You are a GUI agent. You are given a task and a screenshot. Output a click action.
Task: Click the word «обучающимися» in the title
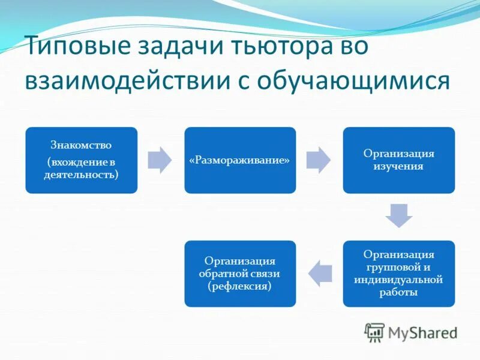pyautogui.click(x=353, y=80)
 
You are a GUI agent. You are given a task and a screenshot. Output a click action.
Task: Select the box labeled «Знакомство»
pyautogui.click(x=81, y=160)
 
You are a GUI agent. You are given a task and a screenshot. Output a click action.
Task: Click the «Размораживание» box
pyautogui.click(x=240, y=160)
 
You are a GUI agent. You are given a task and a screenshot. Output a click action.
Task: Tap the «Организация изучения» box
pyautogui.click(x=398, y=160)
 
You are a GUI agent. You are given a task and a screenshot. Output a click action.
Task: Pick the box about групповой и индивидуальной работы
pyautogui.click(x=398, y=274)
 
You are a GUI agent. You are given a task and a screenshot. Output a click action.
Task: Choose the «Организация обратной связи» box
pyautogui.click(x=240, y=274)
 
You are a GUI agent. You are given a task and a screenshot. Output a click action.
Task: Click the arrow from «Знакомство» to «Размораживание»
pyautogui.click(x=160, y=160)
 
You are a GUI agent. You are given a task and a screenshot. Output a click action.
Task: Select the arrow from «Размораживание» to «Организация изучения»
pyautogui.click(x=318, y=160)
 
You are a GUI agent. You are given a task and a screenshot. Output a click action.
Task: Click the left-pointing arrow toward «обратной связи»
pyautogui.click(x=320, y=274)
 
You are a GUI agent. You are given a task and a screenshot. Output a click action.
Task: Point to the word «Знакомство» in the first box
pyautogui.click(x=81, y=146)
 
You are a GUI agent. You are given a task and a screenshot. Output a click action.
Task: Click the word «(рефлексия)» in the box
pyautogui.click(x=240, y=287)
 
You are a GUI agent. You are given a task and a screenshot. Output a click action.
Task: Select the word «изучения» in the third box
pyautogui.click(x=398, y=166)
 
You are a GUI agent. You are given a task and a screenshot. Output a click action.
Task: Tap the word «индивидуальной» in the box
pyautogui.click(x=398, y=280)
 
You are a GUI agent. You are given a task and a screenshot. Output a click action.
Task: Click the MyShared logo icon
pyautogui.click(x=374, y=331)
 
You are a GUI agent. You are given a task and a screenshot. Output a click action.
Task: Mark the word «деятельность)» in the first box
pyautogui.click(x=81, y=175)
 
